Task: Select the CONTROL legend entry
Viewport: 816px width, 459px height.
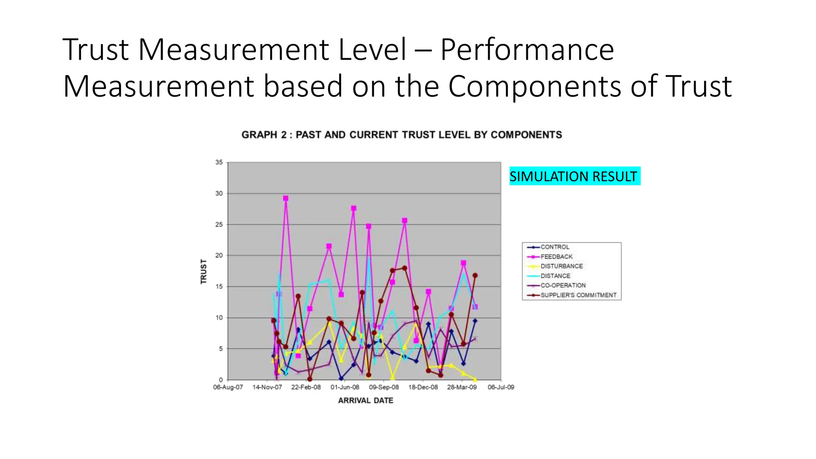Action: click(555, 247)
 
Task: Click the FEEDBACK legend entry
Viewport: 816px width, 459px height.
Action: click(556, 257)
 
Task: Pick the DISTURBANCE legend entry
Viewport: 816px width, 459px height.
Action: click(561, 266)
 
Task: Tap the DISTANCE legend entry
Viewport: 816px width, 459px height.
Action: click(555, 276)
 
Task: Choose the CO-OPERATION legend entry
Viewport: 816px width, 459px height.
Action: click(563, 285)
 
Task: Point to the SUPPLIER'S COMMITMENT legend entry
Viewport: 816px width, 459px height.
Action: click(578, 295)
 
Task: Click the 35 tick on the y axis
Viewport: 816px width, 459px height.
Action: click(219, 162)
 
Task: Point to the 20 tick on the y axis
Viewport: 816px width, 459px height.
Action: click(219, 255)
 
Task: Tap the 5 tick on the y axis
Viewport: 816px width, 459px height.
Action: click(220, 349)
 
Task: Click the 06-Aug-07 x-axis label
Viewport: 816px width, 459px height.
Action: click(228, 387)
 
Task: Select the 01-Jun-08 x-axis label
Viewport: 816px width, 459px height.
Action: click(345, 387)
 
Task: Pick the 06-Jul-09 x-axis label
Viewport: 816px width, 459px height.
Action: click(501, 387)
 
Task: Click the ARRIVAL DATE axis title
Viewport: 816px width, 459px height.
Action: click(365, 400)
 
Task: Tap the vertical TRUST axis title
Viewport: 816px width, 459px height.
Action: click(204, 271)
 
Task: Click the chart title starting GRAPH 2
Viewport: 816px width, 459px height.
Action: click(402, 135)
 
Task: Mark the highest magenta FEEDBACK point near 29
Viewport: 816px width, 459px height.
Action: click(285, 198)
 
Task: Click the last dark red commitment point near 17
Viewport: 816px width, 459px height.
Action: click(475, 275)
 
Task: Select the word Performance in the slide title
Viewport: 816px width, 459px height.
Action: click(527, 50)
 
